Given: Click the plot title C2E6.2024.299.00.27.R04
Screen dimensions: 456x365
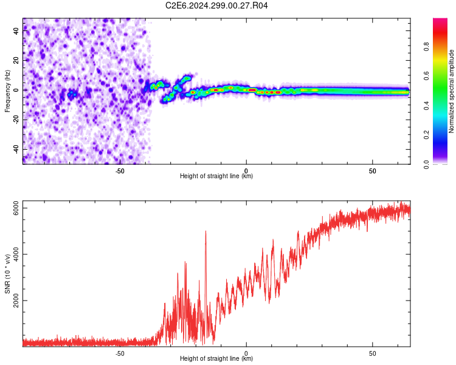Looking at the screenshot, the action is coord(216,5).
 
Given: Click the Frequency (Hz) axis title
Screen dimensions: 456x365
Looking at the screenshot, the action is coord(7,91).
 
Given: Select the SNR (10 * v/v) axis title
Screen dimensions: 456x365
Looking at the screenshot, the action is coord(7,274).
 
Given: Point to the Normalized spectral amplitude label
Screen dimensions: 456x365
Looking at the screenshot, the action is coord(451,91).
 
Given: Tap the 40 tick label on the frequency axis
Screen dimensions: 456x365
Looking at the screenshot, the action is coord(16,30).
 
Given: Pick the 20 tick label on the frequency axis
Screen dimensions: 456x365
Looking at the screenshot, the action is coord(16,60).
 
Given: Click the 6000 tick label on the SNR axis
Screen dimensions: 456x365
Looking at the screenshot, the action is coord(16,208).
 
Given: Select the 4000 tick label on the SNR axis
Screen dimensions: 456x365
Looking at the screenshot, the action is coord(16,254).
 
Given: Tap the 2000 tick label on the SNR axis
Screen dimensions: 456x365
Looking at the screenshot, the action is coord(16,301).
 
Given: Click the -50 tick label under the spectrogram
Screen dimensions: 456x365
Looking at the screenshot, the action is coord(120,171).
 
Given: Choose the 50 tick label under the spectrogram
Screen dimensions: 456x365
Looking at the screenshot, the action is coord(373,171).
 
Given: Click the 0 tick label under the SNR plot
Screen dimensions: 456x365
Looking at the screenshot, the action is coord(246,353).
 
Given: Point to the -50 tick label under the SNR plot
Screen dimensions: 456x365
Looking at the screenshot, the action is coord(120,353).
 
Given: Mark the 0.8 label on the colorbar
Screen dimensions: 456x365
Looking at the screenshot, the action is coord(426,47).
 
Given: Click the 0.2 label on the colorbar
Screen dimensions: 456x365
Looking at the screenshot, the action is coord(426,135).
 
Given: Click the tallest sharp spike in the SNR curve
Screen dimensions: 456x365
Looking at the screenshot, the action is coord(206,231).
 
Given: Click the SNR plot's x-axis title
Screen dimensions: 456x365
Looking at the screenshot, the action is coord(216,358).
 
